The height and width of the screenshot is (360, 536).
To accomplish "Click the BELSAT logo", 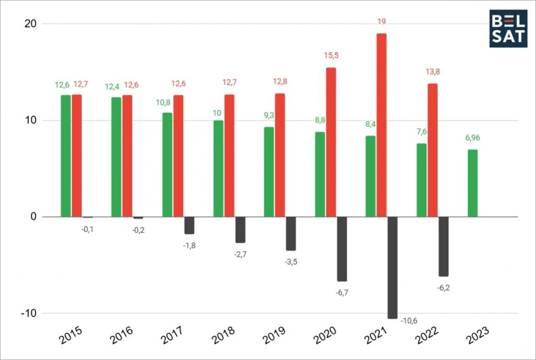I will coord(508,28).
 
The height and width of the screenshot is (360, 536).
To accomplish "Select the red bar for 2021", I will coord(382,125).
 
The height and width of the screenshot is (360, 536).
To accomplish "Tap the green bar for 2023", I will coord(472,183).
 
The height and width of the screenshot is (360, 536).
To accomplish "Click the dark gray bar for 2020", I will coord(342,249).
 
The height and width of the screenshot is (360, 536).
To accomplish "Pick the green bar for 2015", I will coord(65,156).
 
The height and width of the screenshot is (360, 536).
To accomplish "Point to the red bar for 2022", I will coord(432,150).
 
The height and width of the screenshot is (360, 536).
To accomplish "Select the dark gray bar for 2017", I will coord(189,226).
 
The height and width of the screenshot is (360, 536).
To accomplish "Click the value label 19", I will coord(382,21).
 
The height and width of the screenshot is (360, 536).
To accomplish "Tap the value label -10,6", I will coord(410,321).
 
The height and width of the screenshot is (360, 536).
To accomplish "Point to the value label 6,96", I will coord(472,138).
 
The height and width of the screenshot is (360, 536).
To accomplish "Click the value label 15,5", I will coord(331,57).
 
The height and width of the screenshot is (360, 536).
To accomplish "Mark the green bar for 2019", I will coord(268,172).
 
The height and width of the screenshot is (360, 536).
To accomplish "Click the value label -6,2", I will coord(443,287).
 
